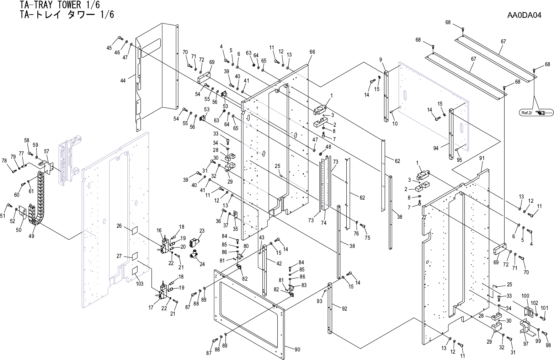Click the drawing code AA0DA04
(524, 16)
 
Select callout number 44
(123, 81)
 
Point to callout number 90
(297, 349)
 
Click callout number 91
(482, 158)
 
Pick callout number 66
(312, 52)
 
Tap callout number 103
(140, 284)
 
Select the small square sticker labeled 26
(134, 230)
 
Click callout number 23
(202, 231)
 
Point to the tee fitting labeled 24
(195, 254)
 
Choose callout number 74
(324, 223)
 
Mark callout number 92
(344, 308)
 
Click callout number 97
(526, 344)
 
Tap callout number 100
(525, 296)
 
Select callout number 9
(380, 59)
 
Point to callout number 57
(46, 152)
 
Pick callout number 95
(459, 160)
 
